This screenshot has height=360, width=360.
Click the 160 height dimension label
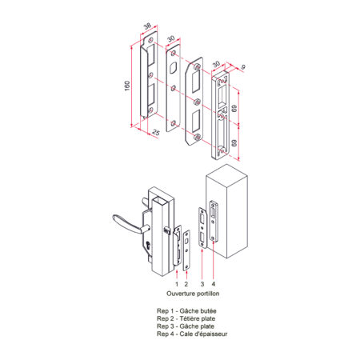click(x=127, y=86)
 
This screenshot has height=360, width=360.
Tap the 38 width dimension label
click(x=147, y=26)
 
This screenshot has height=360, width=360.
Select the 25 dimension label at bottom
click(x=156, y=132)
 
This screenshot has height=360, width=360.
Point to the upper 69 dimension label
click(x=234, y=109)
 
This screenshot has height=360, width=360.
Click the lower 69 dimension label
click(x=234, y=143)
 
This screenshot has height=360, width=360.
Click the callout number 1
click(x=177, y=284)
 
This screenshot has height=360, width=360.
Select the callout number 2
click(x=186, y=284)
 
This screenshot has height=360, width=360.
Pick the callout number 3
click(x=202, y=284)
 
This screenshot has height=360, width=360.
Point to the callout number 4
click(x=214, y=284)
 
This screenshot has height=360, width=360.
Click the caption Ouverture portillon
click(x=193, y=294)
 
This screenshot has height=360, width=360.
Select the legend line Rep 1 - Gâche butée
click(x=186, y=311)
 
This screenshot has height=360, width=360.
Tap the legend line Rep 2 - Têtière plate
click(x=186, y=318)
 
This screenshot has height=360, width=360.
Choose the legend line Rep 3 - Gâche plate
click(x=186, y=326)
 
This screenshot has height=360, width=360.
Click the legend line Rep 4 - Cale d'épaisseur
click(x=192, y=334)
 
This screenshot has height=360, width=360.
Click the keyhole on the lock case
click(x=148, y=246)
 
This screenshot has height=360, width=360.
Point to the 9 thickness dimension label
click(x=242, y=67)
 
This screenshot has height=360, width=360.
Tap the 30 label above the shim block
click(x=216, y=64)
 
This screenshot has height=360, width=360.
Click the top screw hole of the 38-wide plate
click(x=150, y=40)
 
